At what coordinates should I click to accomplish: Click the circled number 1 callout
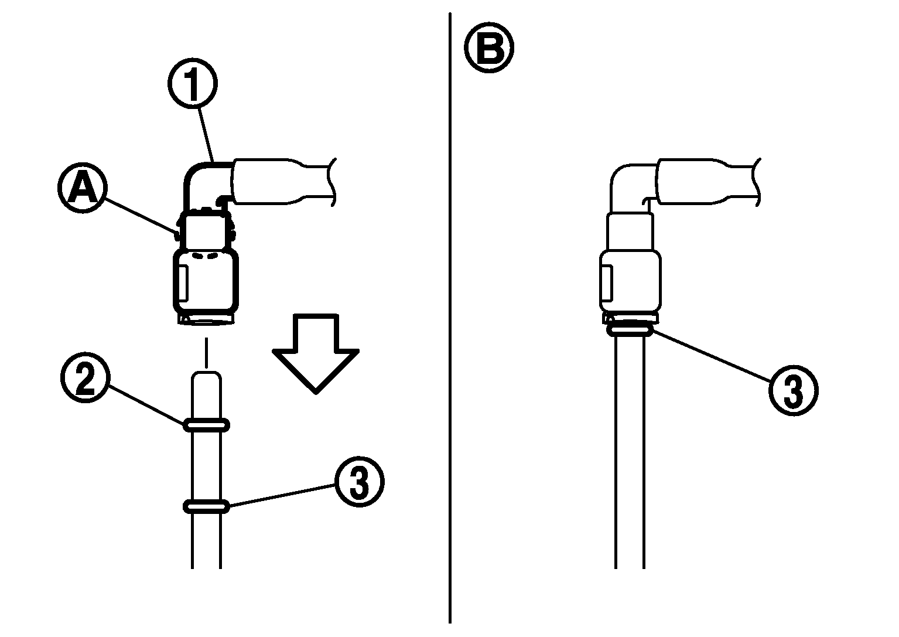coord(193,84)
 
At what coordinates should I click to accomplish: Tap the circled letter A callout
coord(83,188)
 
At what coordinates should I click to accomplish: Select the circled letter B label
coord(489,47)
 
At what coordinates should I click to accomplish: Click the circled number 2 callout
coord(85,377)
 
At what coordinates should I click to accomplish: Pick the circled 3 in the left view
coord(359,481)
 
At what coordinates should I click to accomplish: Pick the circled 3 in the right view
coord(793,390)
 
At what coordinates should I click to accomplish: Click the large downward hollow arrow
coord(316,353)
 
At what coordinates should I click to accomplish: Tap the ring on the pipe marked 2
coord(206,424)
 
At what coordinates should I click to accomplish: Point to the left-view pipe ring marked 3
coord(206,506)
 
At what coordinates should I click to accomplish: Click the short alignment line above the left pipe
coord(206,353)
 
